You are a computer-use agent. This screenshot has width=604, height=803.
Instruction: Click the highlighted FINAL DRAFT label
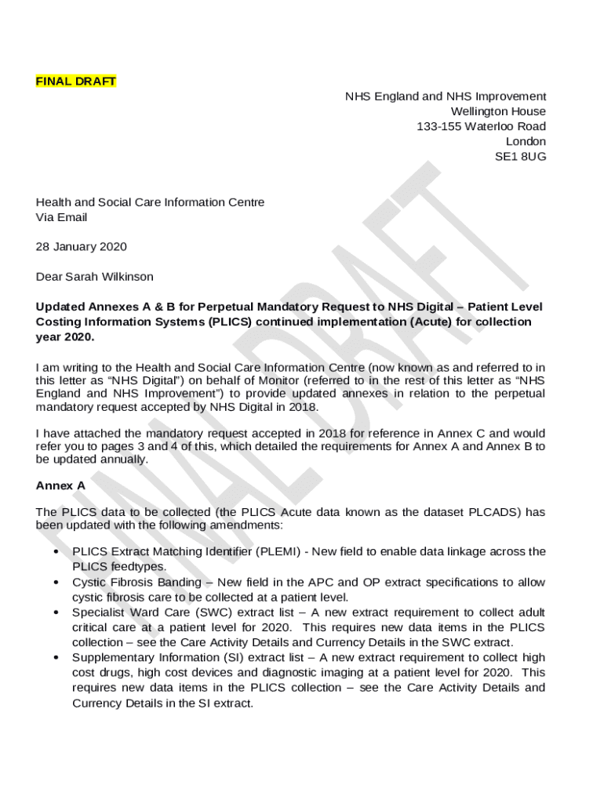coord(76,82)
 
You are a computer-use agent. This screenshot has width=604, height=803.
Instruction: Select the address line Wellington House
coord(498,111)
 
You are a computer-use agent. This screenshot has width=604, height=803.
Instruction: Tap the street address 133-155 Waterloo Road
coord(481,126)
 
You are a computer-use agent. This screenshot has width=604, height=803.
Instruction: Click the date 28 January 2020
coord(81,247)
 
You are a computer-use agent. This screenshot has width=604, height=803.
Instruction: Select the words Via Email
coord(61,217)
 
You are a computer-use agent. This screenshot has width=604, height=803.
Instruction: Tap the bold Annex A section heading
coord(60,485)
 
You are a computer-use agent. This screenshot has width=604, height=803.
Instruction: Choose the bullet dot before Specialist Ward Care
coord(56,612)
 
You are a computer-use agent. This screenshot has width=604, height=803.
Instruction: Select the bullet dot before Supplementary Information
coord(56,658)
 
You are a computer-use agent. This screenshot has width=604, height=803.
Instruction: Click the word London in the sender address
coord(526,141)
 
